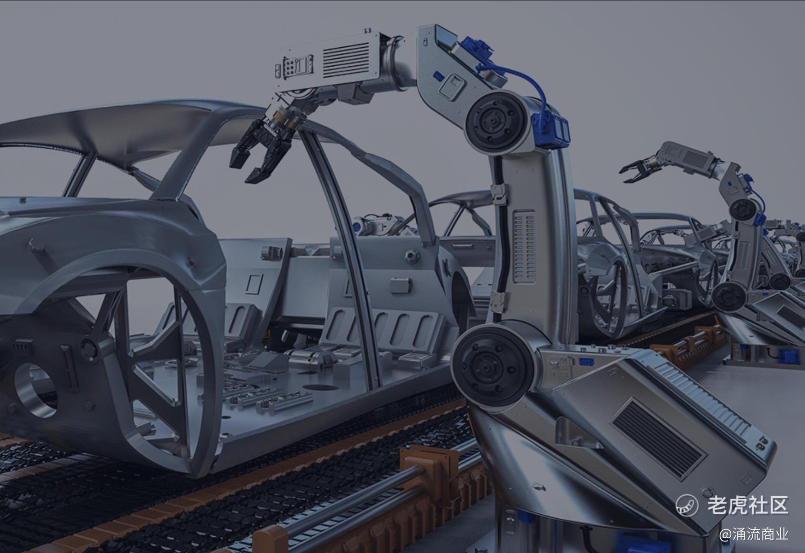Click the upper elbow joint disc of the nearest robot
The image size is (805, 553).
pyautogui.click(x=497, y=122)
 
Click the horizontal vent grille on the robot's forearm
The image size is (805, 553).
pyautogui.click(x=346, y=60)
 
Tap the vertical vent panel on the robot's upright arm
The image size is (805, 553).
pyautogui.click(x=525, y=246)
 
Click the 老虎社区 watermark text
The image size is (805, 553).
pyautogui.click(x=748, y=505)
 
